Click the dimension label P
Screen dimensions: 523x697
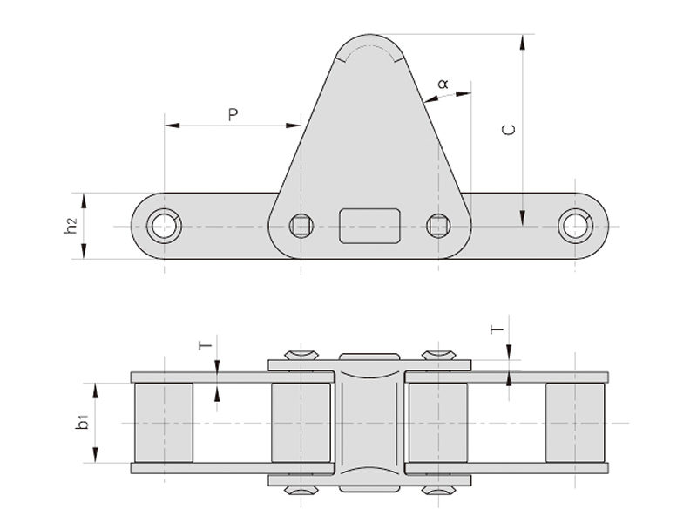tap(233, 114)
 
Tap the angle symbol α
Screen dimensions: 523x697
tap(443, 84)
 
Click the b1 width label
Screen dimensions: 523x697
tap(82, 423)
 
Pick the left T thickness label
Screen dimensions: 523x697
tap(206, 345)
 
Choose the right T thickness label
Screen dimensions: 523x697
tap(497, 330)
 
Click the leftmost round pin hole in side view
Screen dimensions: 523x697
tap(163, 226)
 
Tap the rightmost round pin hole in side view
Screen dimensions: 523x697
tap(575, 226)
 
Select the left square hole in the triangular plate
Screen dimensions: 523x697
tap(301, 226)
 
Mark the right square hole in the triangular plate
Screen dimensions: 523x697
tap(437, 226)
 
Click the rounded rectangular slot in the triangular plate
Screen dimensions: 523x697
tap(369, 226)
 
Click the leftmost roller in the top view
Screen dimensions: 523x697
tap(163, 423)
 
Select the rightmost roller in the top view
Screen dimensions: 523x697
tap(575, 423)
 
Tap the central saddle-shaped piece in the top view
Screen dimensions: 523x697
tap(369, 423)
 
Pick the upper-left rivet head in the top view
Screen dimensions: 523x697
tap(301, 355)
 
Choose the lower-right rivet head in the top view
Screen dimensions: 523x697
tap(437, 491)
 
